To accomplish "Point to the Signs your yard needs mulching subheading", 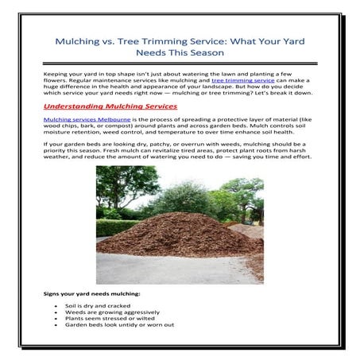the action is coord(87,295).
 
